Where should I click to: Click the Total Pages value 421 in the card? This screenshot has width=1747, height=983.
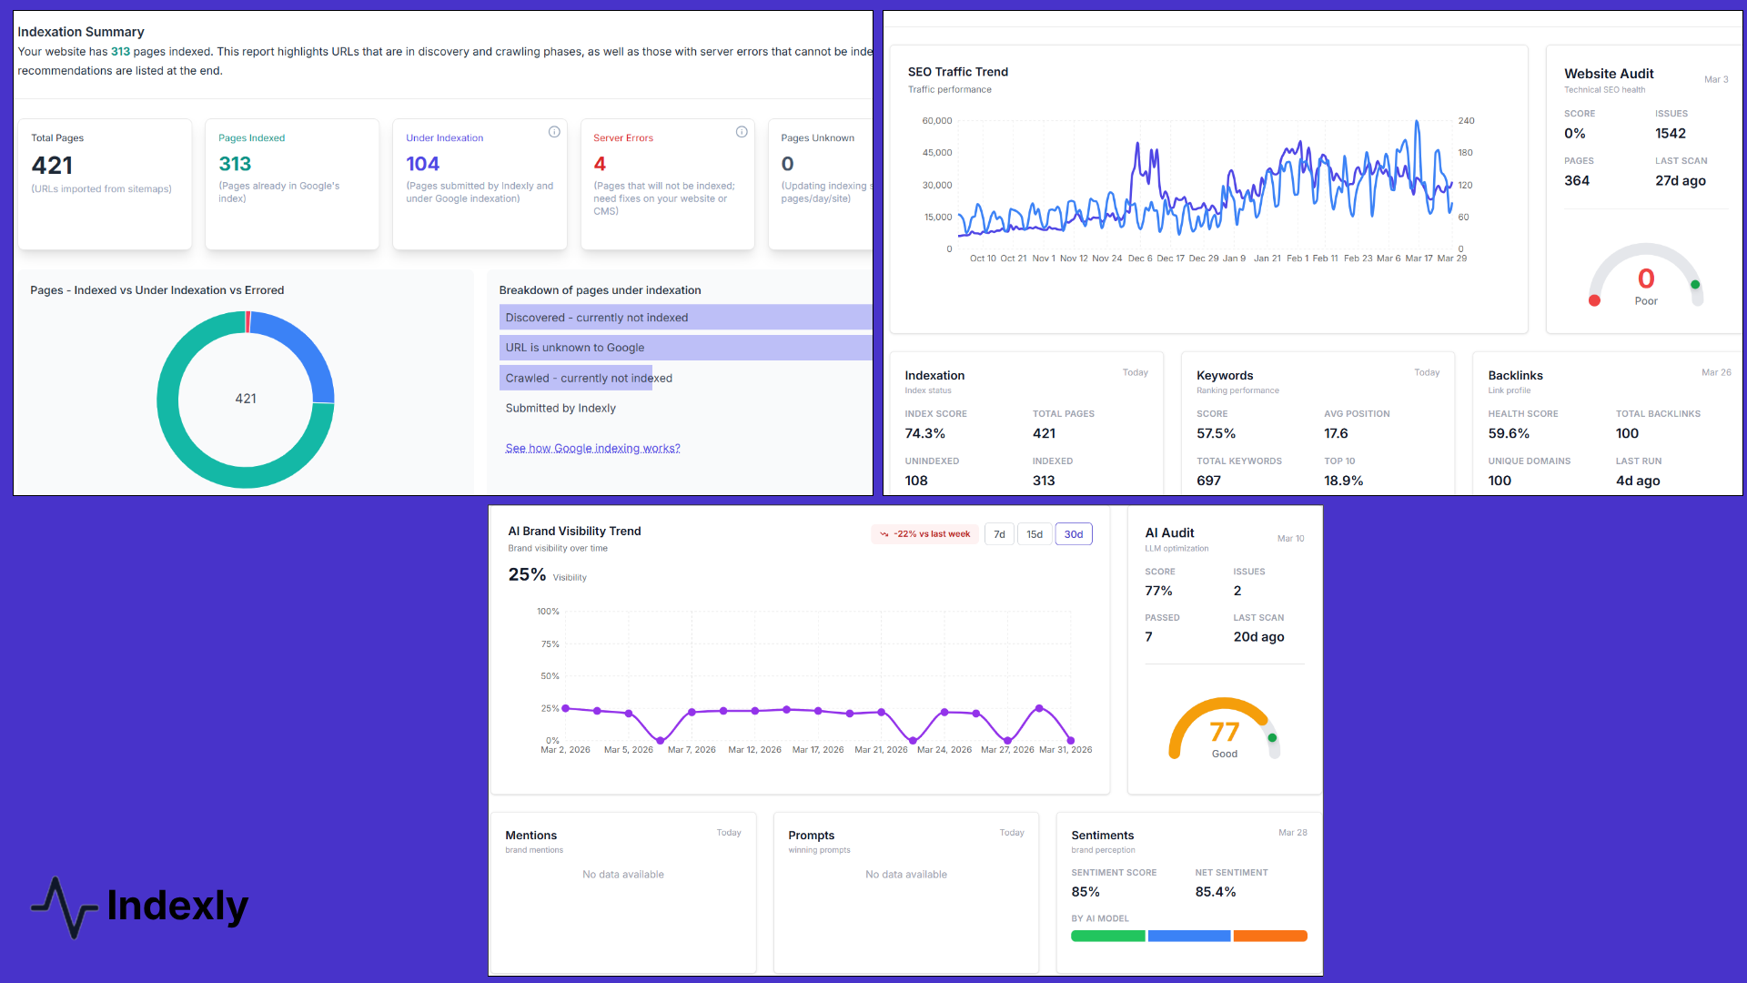click(x=52, y=166)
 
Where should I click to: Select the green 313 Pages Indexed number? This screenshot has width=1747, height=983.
click(x=235, y=164)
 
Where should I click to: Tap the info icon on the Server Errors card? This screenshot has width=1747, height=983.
click(x=742, y=132)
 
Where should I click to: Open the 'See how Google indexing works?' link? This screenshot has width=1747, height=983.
click(x=592, y=448)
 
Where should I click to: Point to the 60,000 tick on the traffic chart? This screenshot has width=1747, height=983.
click(x=936, y=120)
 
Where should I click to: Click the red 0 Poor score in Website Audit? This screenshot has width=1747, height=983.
click(x=1645, y=279)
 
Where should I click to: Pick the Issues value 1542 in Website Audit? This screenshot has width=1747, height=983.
click(x=1670, y=134)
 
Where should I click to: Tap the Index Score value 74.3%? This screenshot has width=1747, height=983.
click(x=924, y=433)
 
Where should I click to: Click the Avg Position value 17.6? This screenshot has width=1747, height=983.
click(x=1336, y=433)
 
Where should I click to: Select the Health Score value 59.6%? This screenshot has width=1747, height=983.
click(x=1509, y=433)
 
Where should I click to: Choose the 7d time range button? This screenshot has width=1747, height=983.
click(x=999, y=534)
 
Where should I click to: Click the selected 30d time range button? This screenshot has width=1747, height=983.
click(x=1073, y=534)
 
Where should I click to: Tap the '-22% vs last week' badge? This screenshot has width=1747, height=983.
click(x=924, y=534)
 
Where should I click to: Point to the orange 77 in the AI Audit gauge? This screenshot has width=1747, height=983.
click(x=1224, y=732)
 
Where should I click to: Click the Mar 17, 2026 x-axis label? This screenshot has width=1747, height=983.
click(x=817, y=750)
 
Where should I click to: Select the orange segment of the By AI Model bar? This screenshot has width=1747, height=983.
click(x=1270, y=936)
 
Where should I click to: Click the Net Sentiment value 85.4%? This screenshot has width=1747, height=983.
click(x=1215, y=892)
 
